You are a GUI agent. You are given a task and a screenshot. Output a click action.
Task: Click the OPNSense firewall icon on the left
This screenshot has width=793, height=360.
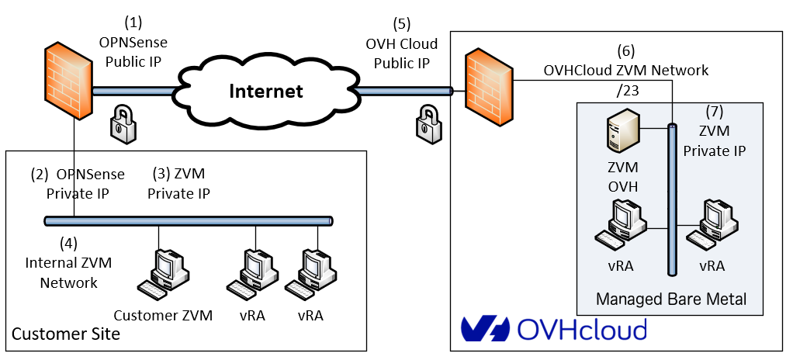(x=68, y=82)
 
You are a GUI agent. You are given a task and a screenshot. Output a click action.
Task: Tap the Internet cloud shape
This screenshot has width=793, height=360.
(x=265, y=92)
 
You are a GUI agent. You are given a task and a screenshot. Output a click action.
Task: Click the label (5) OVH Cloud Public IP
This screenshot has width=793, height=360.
(x=401, y=43)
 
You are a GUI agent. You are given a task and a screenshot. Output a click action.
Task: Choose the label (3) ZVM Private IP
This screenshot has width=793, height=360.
(x=178, y=183)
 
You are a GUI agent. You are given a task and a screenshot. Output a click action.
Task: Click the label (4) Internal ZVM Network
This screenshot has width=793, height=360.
(x=69, y=263)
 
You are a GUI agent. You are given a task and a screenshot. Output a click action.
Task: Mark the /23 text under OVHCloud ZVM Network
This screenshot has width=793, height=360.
(x=625, y=91)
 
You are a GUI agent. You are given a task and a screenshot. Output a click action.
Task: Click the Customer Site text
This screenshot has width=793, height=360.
(x=65, y=334)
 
